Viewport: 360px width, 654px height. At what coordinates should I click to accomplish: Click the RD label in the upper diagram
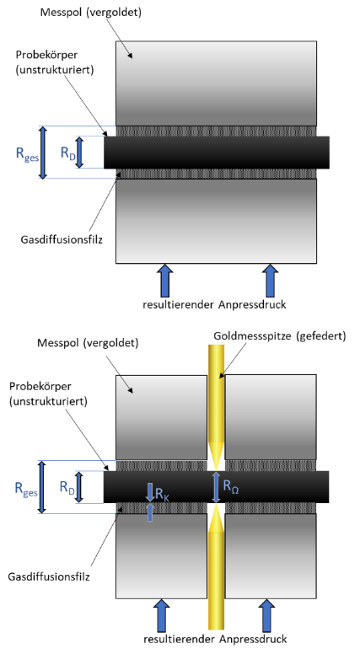pos(68,153)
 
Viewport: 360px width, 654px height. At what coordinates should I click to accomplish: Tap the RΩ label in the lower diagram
pos(231,486)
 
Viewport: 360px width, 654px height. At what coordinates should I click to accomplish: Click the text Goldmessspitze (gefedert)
pos(280,335)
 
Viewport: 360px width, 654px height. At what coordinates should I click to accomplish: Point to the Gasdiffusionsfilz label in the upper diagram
pos(62,239)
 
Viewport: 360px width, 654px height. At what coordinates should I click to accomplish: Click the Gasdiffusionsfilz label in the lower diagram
pos(49,576)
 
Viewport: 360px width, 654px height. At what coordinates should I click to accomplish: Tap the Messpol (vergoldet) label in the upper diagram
pos(91,13)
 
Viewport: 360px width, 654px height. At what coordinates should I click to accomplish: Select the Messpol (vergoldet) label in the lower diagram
pos(88,343)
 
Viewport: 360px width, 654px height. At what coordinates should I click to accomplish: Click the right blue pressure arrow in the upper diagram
pos(271,281)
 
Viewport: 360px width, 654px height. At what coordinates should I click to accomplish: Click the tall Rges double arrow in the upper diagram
pos(43,153)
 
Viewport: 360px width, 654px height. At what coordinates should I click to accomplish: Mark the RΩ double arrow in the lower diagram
pos(216,487)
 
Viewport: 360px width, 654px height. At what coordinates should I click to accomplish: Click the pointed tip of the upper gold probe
pos(216,469)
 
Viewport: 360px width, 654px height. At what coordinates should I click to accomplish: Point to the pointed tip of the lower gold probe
pos(216,505)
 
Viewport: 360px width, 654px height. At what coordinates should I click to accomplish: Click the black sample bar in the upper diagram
pos(217,153)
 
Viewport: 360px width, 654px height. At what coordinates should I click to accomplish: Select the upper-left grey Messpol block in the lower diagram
pos(161,417)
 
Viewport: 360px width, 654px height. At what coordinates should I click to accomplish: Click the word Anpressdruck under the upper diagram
pos(252,305)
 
